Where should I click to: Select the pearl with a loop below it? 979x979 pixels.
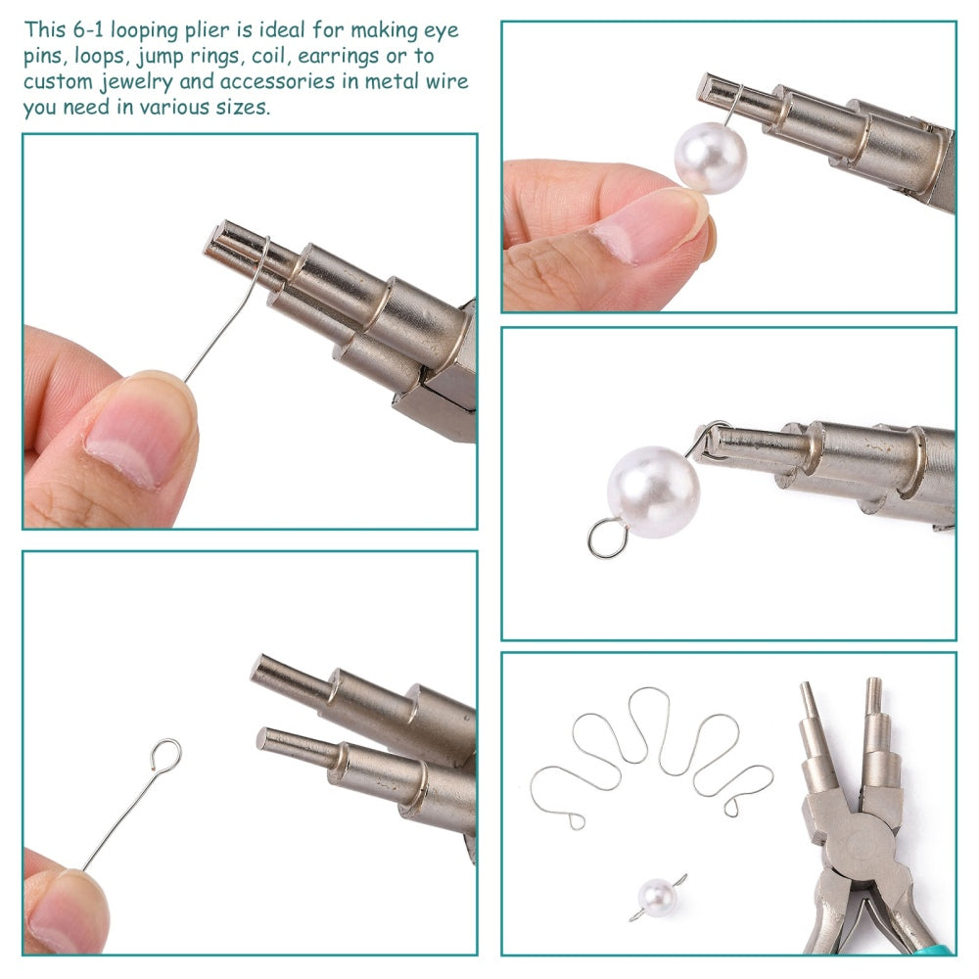[x=654, y=491]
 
